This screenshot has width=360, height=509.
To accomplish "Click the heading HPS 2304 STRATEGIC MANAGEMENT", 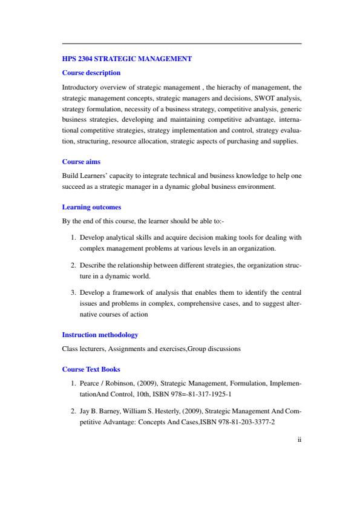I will click(x=127, y=59).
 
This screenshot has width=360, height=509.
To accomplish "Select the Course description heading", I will click(x=91, y=73).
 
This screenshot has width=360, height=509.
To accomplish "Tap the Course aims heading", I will click(x=82, y=162).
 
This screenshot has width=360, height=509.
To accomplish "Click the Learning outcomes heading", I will click(x=91, y=207).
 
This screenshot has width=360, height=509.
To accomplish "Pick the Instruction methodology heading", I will click(x=100, y=335).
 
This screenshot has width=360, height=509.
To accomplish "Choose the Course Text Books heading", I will click(x=91, y=369).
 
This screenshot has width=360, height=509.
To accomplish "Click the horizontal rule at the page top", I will click(x=182, y=44).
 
